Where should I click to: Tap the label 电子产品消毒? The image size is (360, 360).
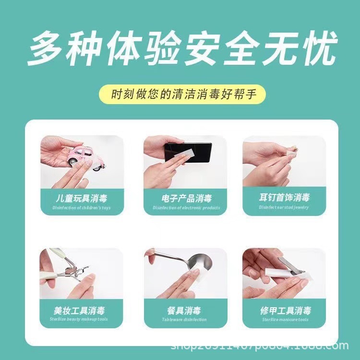(x=187, y=198)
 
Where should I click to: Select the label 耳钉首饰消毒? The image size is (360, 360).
(x=284, y=198)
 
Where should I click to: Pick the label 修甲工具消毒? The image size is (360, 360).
(x=284, y=311)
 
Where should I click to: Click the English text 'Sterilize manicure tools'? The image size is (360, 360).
(x=284, y=320)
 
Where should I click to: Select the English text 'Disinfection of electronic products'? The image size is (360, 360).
(x=187, y=208)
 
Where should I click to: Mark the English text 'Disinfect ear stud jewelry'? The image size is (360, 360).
(x=284, y=207)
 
